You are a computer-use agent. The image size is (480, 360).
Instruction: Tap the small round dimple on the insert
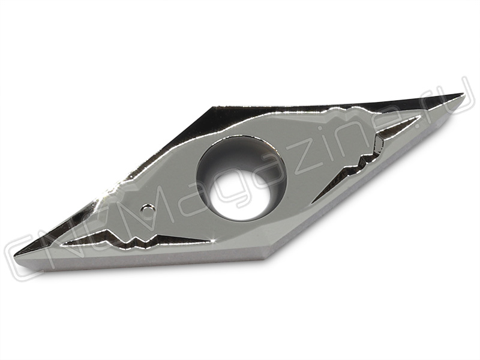tap(148, 209)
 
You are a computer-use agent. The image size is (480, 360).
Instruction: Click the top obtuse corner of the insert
tap(213, 107)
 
